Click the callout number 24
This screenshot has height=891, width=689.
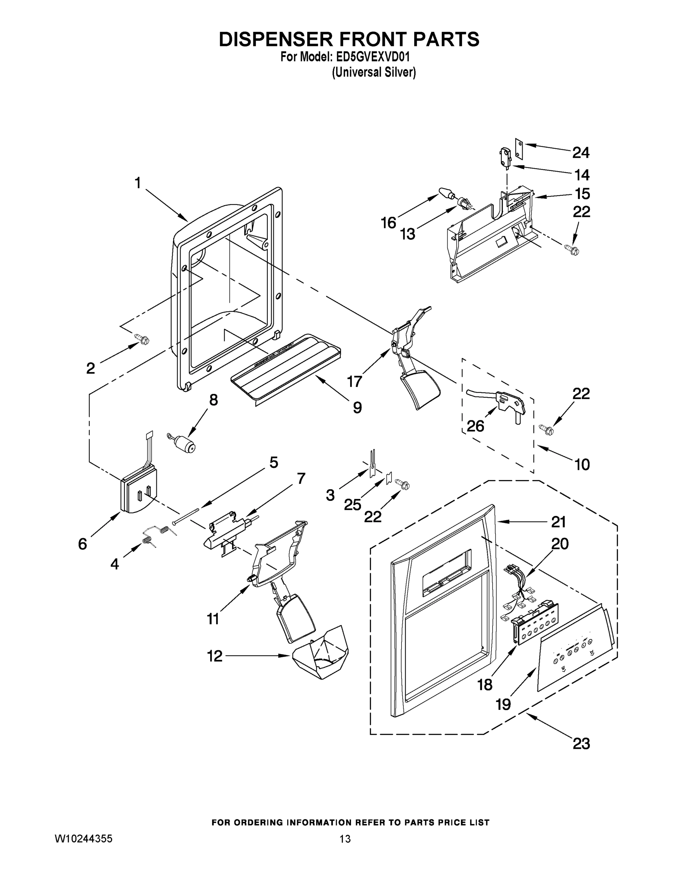(x=581, y=153)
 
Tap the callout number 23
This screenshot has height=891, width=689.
(x=581, y=743)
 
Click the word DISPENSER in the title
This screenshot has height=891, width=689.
(x=275, y=40)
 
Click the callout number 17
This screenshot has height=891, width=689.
(x=354, y=381)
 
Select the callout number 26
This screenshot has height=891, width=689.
(x=475, y=426)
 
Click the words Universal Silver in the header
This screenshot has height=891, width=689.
(x=374, y=73)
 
